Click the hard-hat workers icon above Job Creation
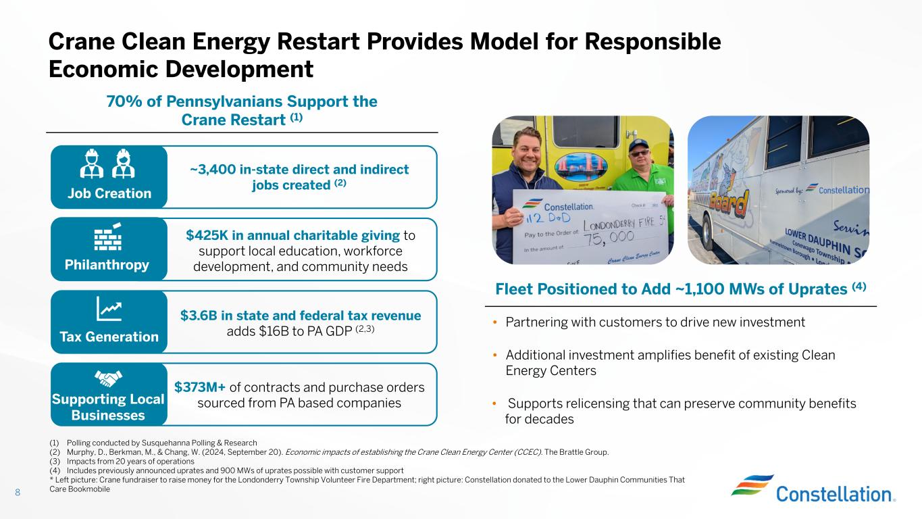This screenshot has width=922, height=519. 107,164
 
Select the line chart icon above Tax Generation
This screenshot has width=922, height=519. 109,309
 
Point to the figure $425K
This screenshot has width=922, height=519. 207,235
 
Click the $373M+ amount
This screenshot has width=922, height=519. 200,387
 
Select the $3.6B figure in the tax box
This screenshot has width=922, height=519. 199,316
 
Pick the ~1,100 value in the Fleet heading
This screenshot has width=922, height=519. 700,289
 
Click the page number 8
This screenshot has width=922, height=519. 18,492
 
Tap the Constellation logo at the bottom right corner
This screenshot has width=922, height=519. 813,489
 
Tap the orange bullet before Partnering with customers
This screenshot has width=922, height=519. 494,322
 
